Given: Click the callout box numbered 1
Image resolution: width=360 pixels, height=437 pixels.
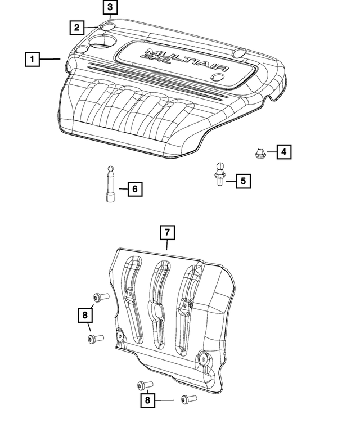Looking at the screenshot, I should (32, 58).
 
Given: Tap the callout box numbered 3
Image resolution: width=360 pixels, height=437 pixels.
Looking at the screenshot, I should (110, 7).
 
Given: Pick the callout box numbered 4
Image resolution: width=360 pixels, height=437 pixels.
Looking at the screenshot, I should (283, 151).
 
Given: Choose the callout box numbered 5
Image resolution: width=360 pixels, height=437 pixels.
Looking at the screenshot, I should (243, 181).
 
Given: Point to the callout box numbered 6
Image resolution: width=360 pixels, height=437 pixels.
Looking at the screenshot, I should (134, 189).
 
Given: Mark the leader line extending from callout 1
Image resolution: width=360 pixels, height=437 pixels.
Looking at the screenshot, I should (51, 58).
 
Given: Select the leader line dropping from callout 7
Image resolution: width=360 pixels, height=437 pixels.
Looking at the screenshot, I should (168, 245).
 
